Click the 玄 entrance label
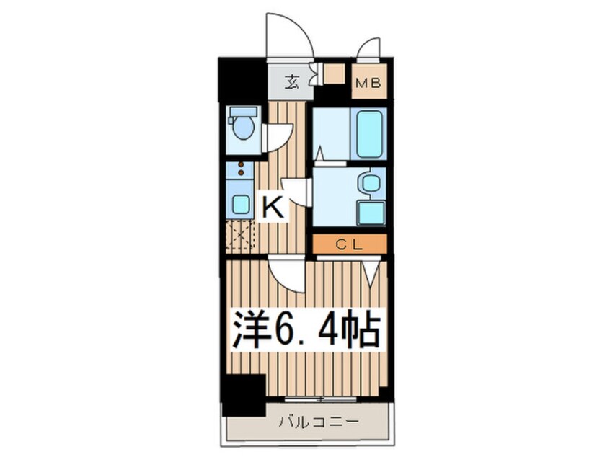point(291,82)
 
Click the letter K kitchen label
point(273,208)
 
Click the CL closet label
point(350,244)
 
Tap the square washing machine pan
point(371,213)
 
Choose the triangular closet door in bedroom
point(370,272)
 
